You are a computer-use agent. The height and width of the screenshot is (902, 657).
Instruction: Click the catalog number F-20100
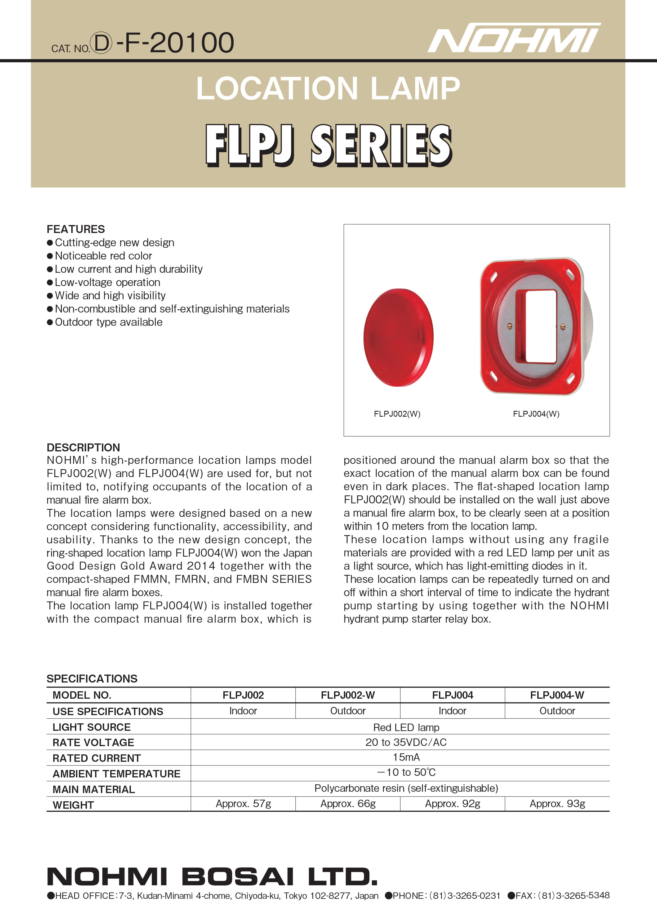(175, 43)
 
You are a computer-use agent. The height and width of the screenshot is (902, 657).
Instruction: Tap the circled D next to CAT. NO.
(101, 43)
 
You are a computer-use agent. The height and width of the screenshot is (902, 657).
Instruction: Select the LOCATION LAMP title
(328, 88)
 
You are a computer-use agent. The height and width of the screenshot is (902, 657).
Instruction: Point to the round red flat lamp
(398, 337)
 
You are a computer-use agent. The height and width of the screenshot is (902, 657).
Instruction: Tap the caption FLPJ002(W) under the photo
(397, 414)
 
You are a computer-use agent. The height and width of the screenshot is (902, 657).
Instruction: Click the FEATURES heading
(76, 229)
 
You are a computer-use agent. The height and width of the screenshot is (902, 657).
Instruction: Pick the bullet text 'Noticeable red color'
(103, 256)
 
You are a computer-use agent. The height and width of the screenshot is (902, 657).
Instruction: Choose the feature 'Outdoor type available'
(109, 322)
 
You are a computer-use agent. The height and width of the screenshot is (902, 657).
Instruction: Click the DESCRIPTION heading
(83, 448)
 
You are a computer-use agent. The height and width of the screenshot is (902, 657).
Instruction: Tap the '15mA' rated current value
(406, 757)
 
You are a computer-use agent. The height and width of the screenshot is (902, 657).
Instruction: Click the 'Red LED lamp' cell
(406, 727)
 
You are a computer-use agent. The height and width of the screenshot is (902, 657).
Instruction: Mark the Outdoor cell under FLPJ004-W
(557, 711)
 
